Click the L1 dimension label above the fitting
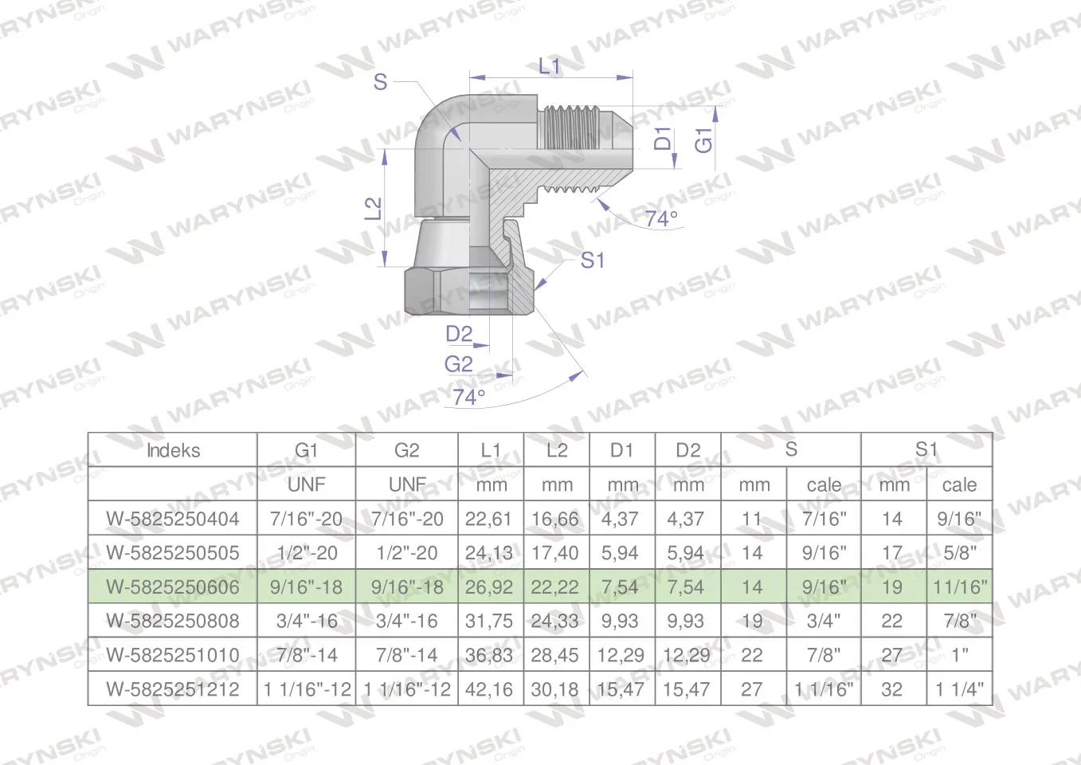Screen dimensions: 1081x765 [x=549, y=66]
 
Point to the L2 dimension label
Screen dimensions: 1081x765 [x=373, y=209]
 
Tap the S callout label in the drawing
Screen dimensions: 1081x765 [x=380, y=82]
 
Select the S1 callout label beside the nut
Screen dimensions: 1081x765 [x=592, y=261]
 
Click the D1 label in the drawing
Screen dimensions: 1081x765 [x=663, y=138]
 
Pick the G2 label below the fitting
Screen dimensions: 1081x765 [x=459, y=364]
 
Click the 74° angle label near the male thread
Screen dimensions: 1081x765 [x=661, y=218]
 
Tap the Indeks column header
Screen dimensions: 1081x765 [x=173, y=450]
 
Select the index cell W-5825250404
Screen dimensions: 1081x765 [x=173, y=519]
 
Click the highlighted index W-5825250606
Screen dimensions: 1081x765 [x=173, y=587]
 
